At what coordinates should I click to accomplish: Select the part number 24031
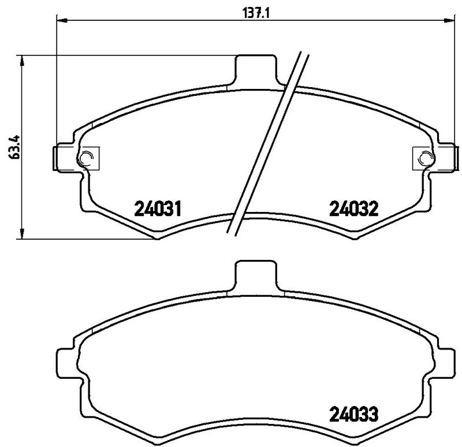tap(158, 208)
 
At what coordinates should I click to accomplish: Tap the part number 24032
tap(353, 208)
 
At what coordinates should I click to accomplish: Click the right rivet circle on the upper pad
tap(424, 157)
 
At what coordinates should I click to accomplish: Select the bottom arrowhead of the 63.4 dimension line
tap(23, 234)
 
